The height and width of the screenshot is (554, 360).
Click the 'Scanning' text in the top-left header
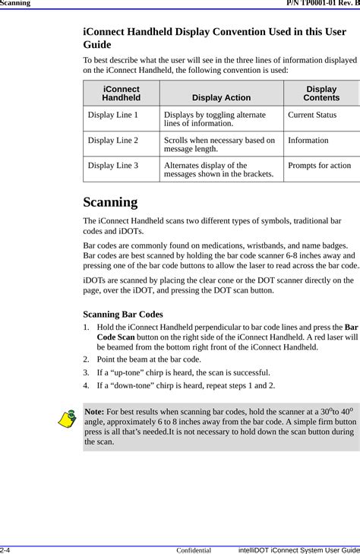pyautogui.click(x=15, y=4)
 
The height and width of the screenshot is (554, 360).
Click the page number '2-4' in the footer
pyautogui.click(x=6, y=549)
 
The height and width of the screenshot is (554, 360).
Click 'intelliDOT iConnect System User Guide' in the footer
pyautogui.click(x=298, y=549)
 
